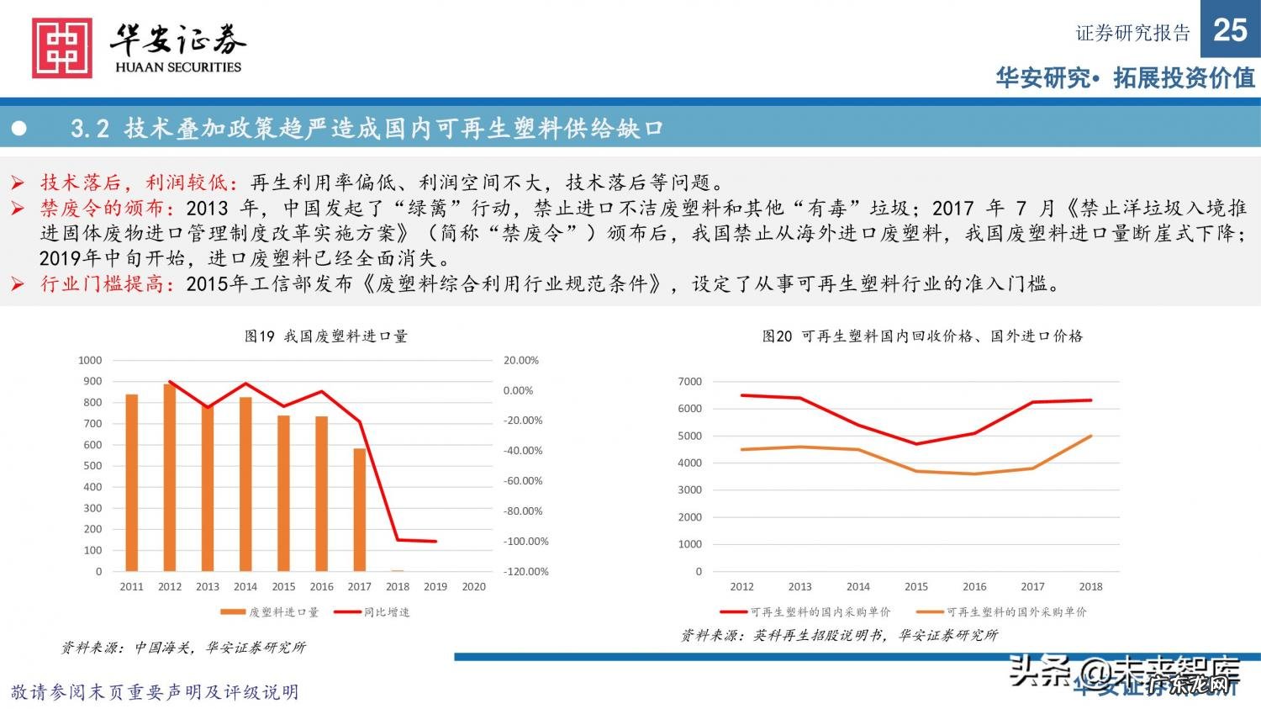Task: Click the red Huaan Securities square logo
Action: pos(61,49)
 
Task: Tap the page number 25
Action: pos(1230,30)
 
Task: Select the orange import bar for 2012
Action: pos(170,478)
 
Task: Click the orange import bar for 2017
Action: pos(360,510)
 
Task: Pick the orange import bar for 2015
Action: pos(283,494)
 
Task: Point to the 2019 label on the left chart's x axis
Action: pos(435,586)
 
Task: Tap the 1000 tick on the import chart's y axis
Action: pos(90,360)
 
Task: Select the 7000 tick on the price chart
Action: pos(689,381)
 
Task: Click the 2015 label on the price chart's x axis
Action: pos(916,586)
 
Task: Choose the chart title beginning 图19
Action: pos(326,336)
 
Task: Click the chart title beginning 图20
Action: pos(922,336)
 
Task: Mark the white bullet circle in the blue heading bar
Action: pos(19,129)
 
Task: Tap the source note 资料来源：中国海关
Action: pos(183,648)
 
